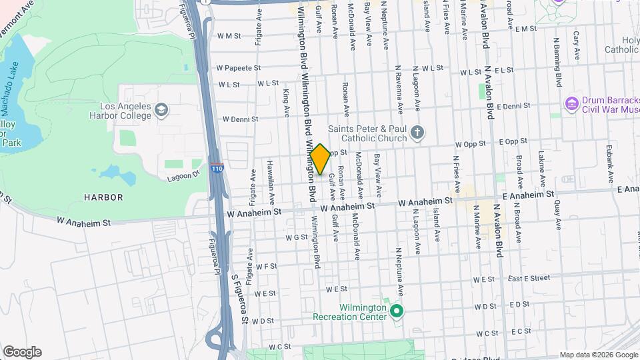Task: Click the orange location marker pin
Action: [320, 159]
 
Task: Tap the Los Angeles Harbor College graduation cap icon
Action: [161, 109]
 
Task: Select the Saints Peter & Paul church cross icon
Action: [417, 132]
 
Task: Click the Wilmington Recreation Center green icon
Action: [397, 311]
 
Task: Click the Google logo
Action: [22, 352]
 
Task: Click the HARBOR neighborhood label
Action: [103, 197]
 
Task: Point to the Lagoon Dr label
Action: [183, 176]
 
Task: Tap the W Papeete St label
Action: [238, 68]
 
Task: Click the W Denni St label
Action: [240, 119]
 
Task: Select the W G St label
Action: [295, 237]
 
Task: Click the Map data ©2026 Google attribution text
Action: [599, 355]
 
